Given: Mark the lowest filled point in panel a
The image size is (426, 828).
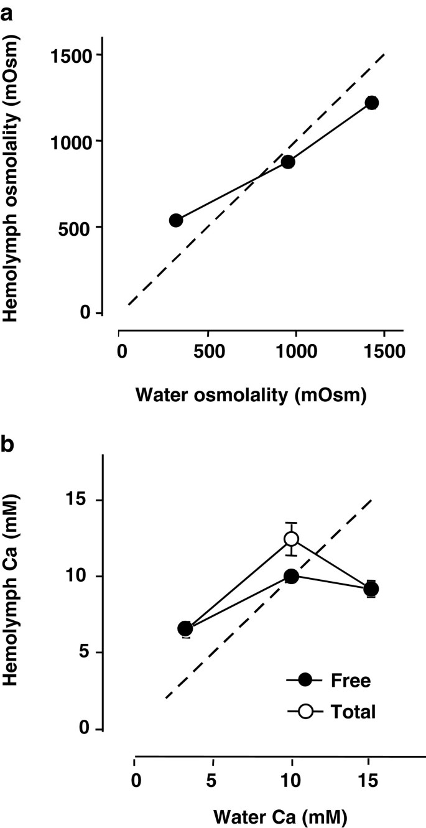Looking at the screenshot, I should [x=176, y=220].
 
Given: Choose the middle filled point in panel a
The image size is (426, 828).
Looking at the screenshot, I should [x=287, y=162].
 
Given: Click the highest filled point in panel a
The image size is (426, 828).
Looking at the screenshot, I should [x=372, y=103].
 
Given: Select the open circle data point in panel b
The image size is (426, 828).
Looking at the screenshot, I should [x=291, y=539].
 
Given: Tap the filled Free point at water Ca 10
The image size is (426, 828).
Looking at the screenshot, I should [x=291, y=577].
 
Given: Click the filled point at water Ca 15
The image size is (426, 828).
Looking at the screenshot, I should [x=371, y=589].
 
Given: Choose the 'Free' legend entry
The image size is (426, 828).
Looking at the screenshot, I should [x=330, y=680].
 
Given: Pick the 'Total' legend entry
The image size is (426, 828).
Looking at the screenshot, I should [x=330, y=711].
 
